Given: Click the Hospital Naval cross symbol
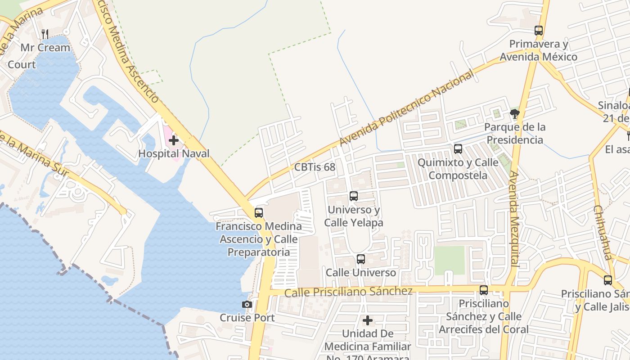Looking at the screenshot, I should [174, 140].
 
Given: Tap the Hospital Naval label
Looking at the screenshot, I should [174, 153].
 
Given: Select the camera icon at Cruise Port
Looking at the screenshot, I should [247, 305].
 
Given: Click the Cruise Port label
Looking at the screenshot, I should [247, 317].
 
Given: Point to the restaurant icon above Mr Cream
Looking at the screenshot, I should [45, 34].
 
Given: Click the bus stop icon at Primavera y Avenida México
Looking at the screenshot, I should [539, 31].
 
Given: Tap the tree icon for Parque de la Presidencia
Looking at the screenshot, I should [515, 114].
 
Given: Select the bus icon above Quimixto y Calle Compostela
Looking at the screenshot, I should [458, 149].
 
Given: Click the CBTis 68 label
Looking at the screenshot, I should [315, 167].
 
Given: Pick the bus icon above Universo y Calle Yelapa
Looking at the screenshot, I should [354, 196].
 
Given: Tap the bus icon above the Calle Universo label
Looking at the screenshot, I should [361, 259].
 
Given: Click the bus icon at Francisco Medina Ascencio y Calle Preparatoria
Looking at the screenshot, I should [259, 213].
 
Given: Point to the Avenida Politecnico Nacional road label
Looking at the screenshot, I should [406, 108].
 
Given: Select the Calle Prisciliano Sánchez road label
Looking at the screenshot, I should [348, 292].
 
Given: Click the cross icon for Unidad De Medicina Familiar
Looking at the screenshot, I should [368, 321].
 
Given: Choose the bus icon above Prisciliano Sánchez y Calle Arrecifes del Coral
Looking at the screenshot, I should [484, 290].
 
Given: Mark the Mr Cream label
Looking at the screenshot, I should [45, 47].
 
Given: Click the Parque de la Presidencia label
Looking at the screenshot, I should [515, 133].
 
